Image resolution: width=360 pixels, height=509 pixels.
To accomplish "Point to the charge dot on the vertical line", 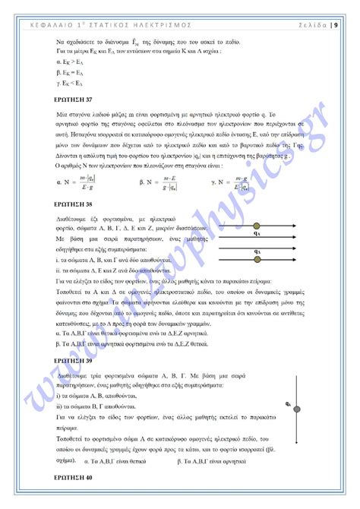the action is (298, 406).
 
